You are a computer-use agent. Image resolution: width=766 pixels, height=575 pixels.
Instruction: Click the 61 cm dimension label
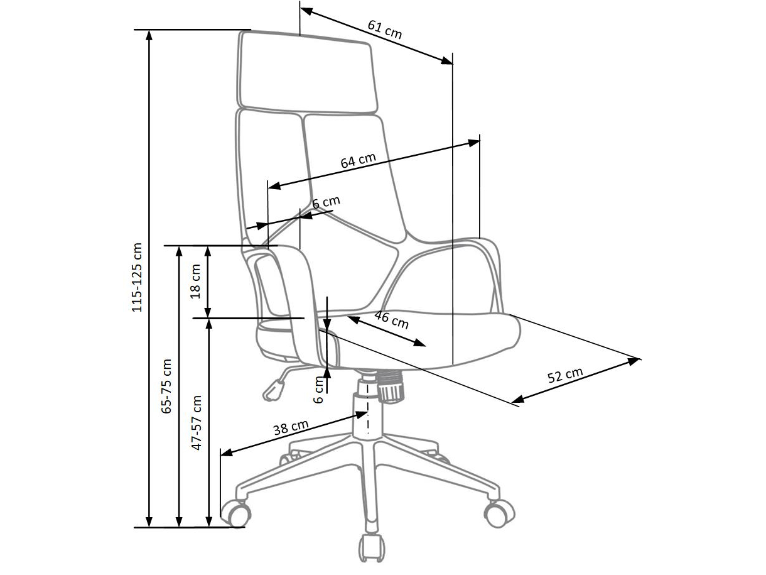coord(384,30)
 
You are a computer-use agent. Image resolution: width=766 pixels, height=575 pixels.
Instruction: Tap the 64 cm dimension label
coord(358,160)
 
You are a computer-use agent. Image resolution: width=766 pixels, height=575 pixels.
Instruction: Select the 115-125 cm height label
coord(137,278)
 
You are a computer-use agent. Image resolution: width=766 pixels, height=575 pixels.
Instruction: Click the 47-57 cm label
coord(197,422)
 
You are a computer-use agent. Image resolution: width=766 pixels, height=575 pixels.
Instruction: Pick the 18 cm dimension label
coord(195,281)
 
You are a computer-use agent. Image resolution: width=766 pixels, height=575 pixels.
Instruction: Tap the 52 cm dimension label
coord(565,375)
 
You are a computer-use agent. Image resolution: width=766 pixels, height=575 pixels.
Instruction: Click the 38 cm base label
coord(291,429)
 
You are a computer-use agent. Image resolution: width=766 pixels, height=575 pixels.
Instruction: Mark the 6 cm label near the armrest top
coord(326,202)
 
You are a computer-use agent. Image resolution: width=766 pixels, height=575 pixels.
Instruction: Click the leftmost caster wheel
coord(235,513)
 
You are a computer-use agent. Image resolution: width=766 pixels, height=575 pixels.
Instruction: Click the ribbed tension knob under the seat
coord(390,385)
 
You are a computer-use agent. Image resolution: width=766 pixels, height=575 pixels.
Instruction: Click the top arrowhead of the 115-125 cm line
coord(149,34)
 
